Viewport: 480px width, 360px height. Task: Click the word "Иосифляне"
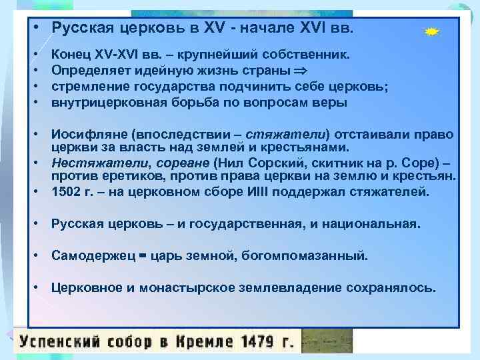coord(84,136)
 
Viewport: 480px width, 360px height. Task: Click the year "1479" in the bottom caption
coord(257,343)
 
